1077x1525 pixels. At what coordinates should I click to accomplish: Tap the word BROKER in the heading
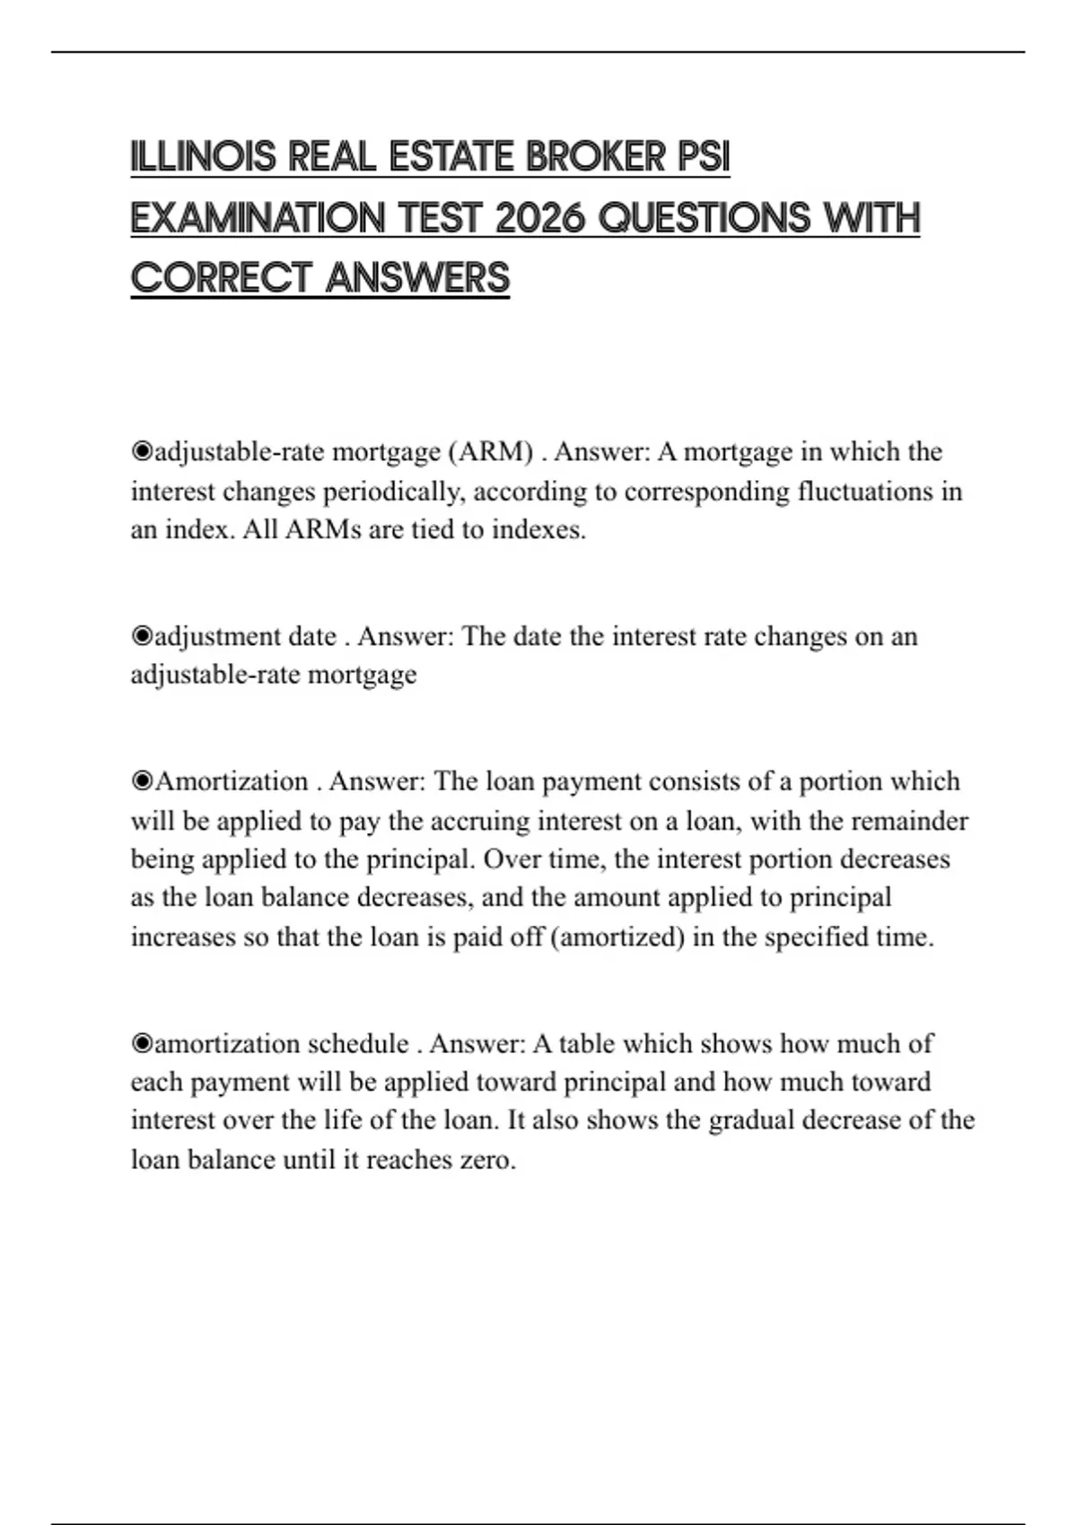point(594,158)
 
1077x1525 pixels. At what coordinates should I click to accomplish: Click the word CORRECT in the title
point(222,278)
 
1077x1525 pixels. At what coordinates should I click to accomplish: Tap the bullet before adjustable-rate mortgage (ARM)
point(142,451)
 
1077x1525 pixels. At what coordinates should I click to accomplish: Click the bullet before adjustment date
point(142,636)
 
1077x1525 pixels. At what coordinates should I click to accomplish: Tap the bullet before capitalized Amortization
point(142,781)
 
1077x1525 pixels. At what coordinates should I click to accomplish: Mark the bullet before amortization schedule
point(142,1043)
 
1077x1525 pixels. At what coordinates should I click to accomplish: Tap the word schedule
point(358,1043)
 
